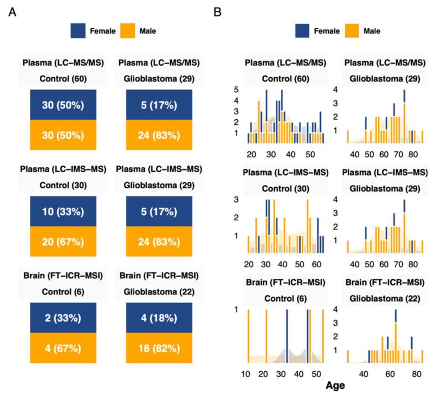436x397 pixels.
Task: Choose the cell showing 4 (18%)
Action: point(159,317)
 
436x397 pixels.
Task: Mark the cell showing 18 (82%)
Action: point(159,348)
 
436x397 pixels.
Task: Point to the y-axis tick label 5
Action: point(236,89)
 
